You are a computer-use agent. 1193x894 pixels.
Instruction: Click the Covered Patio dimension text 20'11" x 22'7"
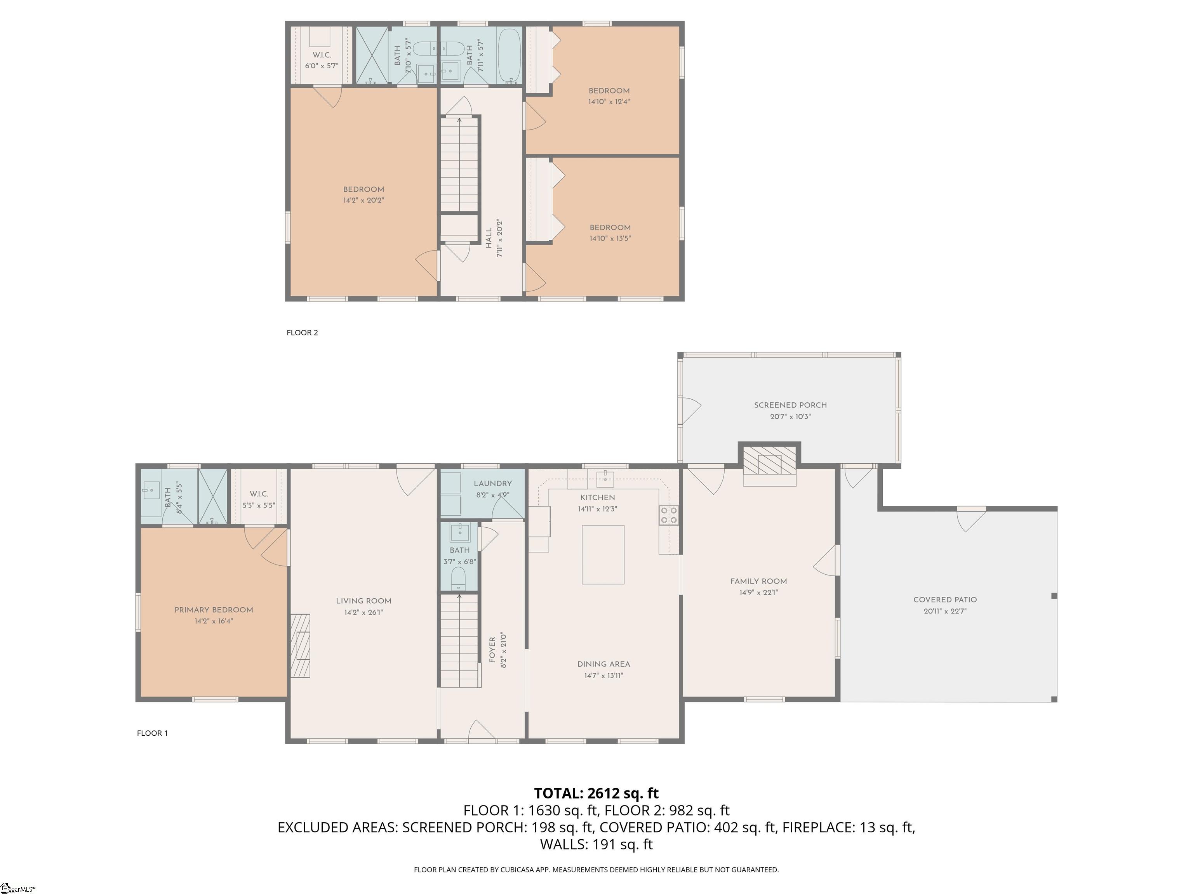click(x=944, y=611)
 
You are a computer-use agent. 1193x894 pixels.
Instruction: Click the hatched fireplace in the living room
click(x=301, y=645)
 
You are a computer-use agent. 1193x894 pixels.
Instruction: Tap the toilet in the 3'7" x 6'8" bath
click(x=458, y=578)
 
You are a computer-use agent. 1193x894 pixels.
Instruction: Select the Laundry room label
click(x=492, y=483)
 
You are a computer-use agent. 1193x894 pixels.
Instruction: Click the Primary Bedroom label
click(x=214, y=610)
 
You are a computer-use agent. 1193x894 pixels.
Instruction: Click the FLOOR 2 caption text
click(x=302, y=333)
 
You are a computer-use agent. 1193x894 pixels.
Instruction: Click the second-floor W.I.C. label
click(x=322, y=55)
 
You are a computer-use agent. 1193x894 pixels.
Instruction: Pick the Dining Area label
click(x=603, y=664)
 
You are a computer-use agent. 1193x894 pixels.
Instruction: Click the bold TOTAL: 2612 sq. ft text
click(x=596, y=793)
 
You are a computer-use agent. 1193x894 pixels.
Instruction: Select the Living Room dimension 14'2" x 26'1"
click(x=363, y=612)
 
